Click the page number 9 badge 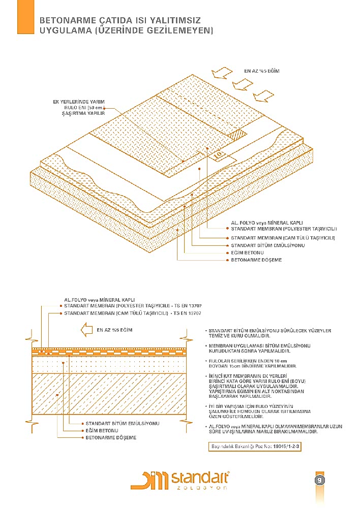tap(320, 480)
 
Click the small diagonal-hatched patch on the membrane tap(237, 135)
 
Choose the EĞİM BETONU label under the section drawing tap(102, 430)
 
